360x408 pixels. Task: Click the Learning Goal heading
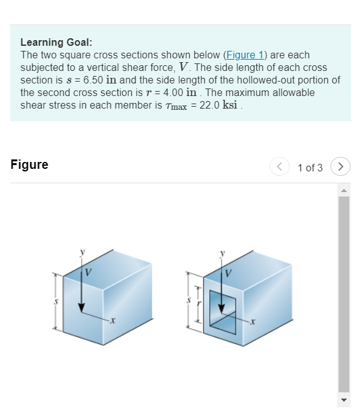point(57,43)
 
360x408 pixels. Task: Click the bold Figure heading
point(30,165)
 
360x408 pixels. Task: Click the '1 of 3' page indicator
point(310,167)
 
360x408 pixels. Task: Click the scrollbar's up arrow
point(344,191)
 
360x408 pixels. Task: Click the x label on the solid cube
point(112,322)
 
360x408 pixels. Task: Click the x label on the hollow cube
point(253,322)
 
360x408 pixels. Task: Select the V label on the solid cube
point(89,273)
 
